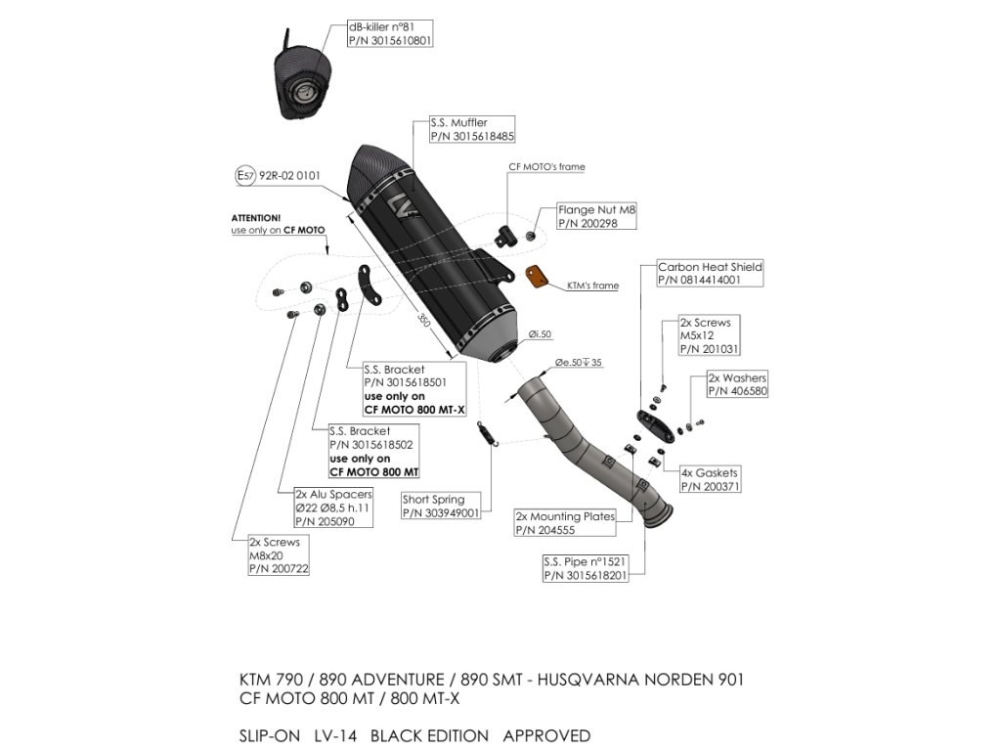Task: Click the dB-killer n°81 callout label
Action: click(x=389, y=34)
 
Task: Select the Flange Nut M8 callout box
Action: click(x=595, y=216)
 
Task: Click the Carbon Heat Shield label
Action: click(x=710, y=273)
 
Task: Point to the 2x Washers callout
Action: click(x=737, y=384)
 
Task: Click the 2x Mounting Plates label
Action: click(x=565, y=523)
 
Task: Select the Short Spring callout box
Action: click(x=440, y=506)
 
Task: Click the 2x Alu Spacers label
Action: click(x=332, y=508)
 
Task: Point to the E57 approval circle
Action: click(x=245, y=176)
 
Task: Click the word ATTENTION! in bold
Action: click(x=255, y=217)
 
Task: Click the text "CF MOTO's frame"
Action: click(x=546, y=167)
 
